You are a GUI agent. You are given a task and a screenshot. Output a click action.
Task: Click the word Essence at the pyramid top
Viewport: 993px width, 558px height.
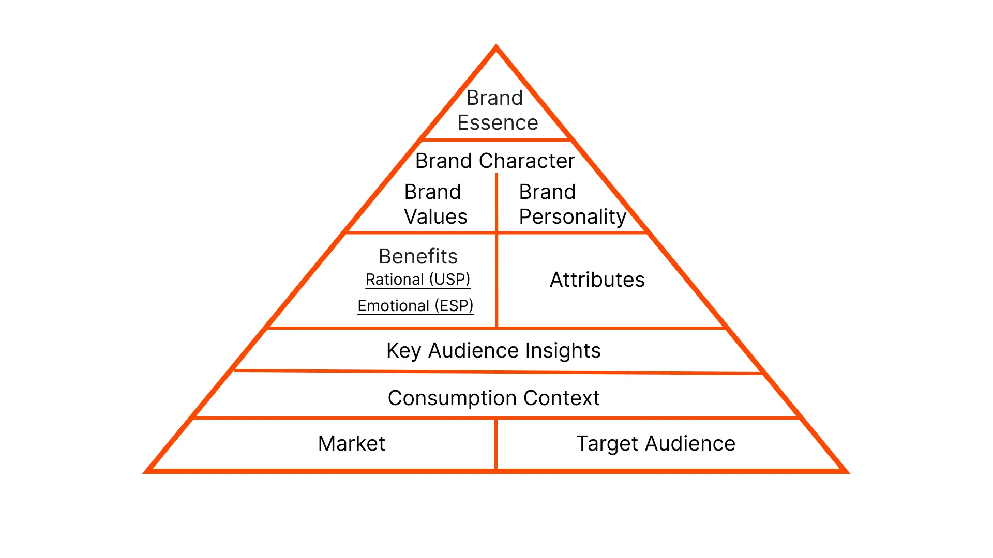click(x=498, y=123)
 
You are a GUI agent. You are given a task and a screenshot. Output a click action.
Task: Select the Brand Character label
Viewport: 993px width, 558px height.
click(x=495, y=161)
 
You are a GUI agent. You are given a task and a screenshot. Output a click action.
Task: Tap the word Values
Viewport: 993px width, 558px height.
click(x=435, y=217)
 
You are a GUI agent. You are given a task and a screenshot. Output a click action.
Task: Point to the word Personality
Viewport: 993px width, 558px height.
click(x=573, y=217)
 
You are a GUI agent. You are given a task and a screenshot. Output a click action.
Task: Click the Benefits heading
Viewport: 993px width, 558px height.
click(x=418, y=256)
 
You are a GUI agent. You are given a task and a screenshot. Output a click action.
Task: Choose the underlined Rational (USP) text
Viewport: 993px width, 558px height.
click(x=418, y=280)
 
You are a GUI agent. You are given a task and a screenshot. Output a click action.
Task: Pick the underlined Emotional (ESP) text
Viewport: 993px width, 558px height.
click(x=415, y=306)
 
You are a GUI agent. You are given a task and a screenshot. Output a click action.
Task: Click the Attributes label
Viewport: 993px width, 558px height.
click(x=597, y=280)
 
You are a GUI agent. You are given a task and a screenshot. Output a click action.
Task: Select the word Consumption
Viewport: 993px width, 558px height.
click(x=453, y=398)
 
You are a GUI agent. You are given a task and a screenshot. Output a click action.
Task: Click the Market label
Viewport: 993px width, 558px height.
click(x=352, y=444)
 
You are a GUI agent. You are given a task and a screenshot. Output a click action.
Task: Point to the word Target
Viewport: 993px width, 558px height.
click(x=607, y=444)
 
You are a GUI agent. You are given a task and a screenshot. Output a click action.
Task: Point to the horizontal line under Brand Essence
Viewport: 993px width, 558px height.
click(x=496, y=139)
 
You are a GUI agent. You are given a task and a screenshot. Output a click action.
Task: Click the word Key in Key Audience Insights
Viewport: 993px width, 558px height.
click(x=403, y=351)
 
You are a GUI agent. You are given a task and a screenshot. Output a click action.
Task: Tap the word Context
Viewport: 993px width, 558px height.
click(x=561, y=398)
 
